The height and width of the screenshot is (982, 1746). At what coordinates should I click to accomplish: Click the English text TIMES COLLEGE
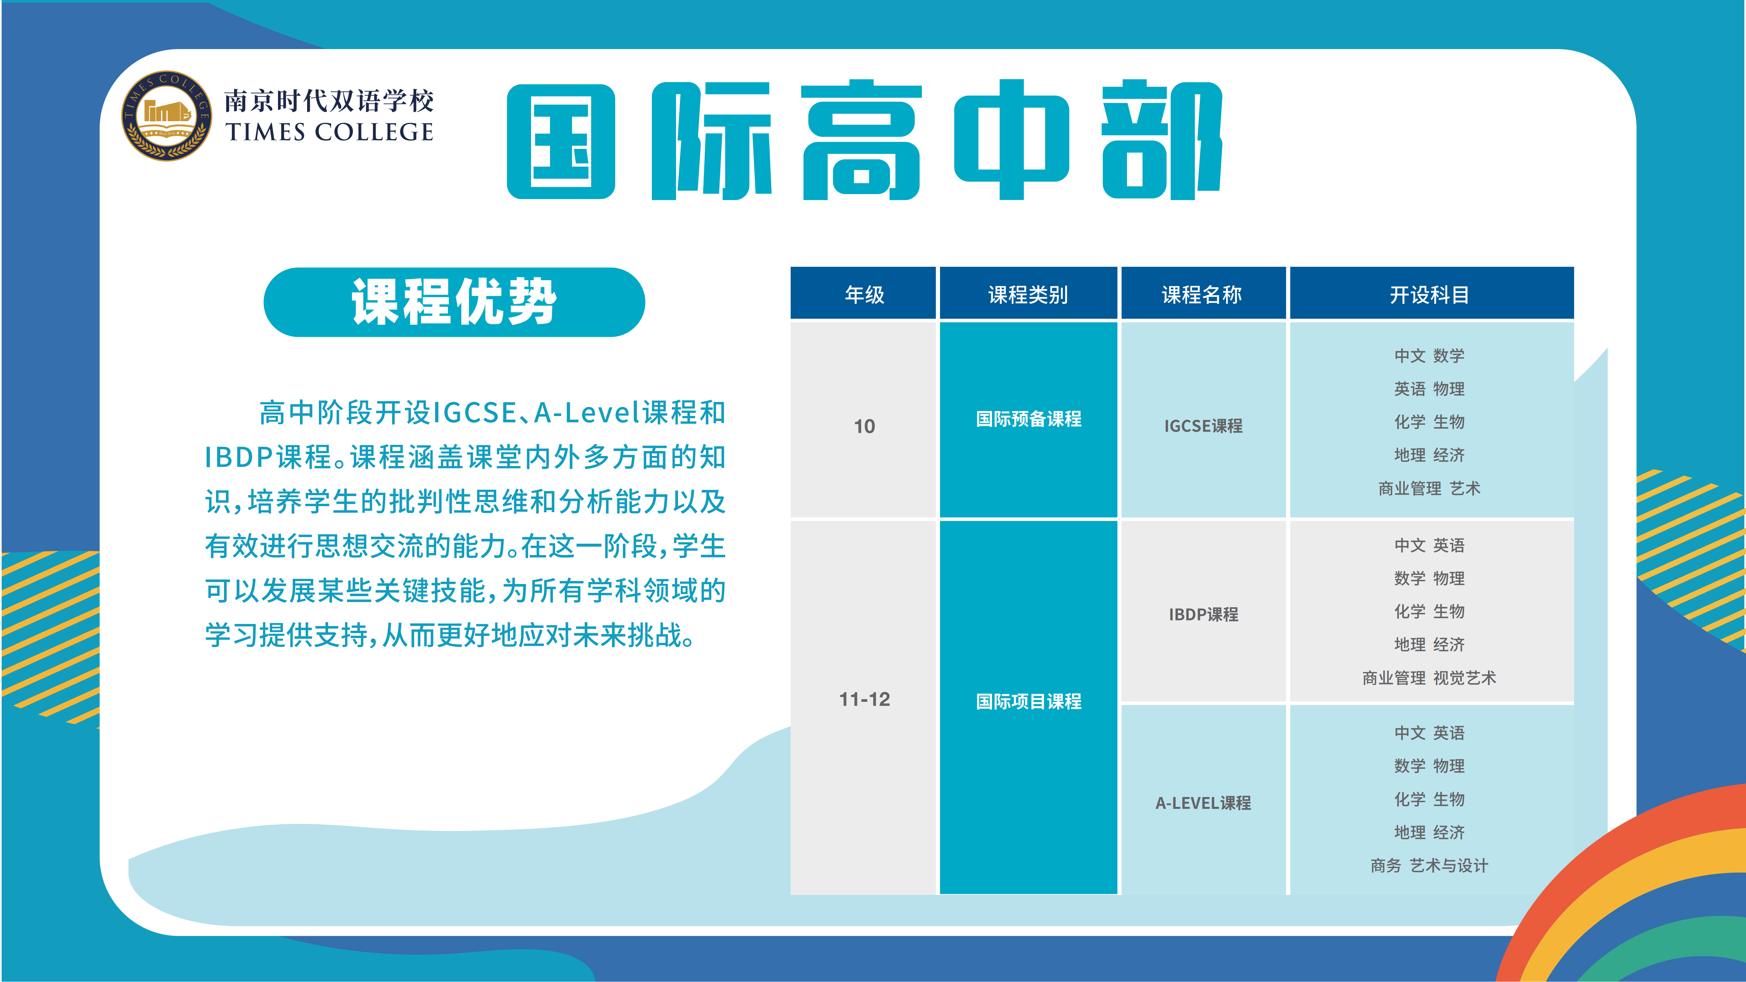coord(329,132)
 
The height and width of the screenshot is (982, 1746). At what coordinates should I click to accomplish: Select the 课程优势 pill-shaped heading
coord(454,302)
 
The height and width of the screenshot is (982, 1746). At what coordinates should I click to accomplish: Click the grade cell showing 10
coord(864,420)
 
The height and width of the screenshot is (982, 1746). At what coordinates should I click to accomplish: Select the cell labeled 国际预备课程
coord(1028,420)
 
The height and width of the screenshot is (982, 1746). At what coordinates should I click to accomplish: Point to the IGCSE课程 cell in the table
coord(1203,420)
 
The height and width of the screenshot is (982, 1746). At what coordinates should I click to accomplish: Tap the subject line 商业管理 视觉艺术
coord(1429,678)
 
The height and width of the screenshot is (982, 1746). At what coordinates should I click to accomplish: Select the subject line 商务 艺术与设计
coord(1429,865)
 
